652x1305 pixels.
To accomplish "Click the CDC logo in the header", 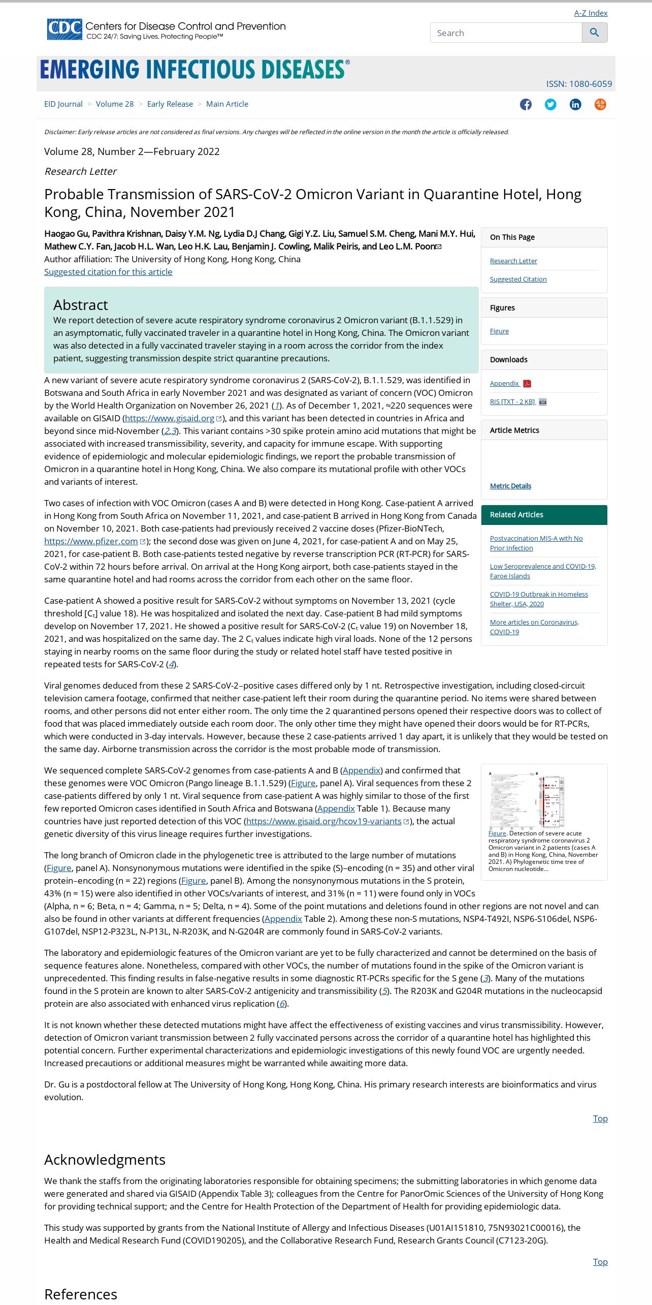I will click(x=64, y=29).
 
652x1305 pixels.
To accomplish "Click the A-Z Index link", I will click(x=591, y=13).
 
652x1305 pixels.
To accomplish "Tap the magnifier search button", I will click(x=595, y=33).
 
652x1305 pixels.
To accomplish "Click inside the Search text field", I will click(x=506, y=33).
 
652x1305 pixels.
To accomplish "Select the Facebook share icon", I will click(x=526, y=105).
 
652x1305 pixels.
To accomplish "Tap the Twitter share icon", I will click(x=550, y=105).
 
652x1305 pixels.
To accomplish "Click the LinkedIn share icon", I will click(x=575, y=105).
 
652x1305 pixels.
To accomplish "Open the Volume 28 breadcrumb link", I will click(x=115, y=104).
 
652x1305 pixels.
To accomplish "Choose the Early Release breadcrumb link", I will click(x=170, y=104).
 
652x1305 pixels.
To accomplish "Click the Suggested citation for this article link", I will click(x=108, y=272).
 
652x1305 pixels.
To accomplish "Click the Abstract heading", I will click(x=81, y=305).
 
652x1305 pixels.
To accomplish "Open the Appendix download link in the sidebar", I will click(x=504, y=384).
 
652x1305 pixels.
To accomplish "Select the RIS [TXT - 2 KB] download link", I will click(x=512, y=402).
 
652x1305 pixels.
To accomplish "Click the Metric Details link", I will click(x=510, y=486).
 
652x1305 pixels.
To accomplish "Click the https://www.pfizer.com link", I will click(x=91, y=541).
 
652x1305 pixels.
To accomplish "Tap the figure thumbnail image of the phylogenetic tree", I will click(x=527, y=800).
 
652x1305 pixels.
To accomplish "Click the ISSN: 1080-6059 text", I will click(x=579, y=84).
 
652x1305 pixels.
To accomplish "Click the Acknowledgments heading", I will click(x=105, y=1160).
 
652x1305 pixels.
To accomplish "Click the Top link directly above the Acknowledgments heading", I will click(x=600, y=1118).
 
